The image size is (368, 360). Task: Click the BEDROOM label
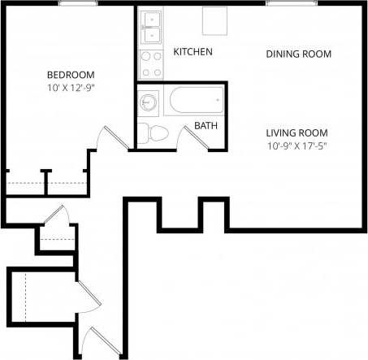point(64,73)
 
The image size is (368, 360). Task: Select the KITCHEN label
point(193,52)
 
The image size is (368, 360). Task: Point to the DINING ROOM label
point(299,54)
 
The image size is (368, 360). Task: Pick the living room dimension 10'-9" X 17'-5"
point(301,146)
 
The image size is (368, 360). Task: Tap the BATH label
point(204,126)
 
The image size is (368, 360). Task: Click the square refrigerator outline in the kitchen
point(214,21)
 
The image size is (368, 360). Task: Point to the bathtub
point(195,101)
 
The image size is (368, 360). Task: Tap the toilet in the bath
point(154,132)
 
